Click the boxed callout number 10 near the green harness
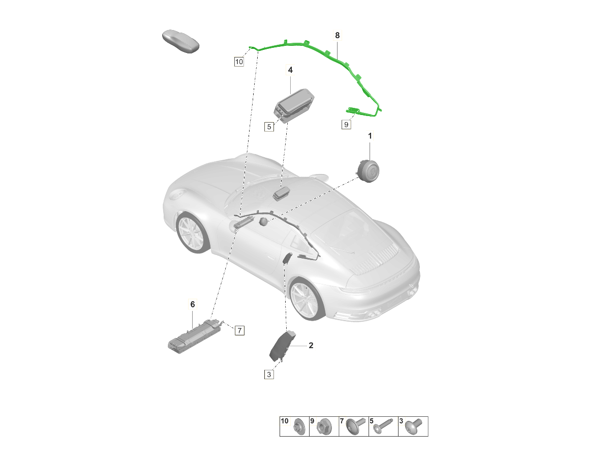tap(239, 62)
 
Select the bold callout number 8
tap(337, 35)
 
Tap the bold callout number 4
tap(290, 70)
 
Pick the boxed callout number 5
tap(269, 127)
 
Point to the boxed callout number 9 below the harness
tap(346, 124)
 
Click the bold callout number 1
tap(370, 136)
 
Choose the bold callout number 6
tap(192, 304)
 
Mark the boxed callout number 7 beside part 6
tap(239, 331)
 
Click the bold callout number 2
tap(311, 346)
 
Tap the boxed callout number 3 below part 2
tap(269, 375)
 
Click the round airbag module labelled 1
tap(368, 170)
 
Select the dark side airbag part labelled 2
tap(281, 346)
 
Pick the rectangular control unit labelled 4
tap(294, 105)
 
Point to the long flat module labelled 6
tap(195, 336)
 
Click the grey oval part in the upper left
tap(180, 41)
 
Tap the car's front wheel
tap(192, 233)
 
